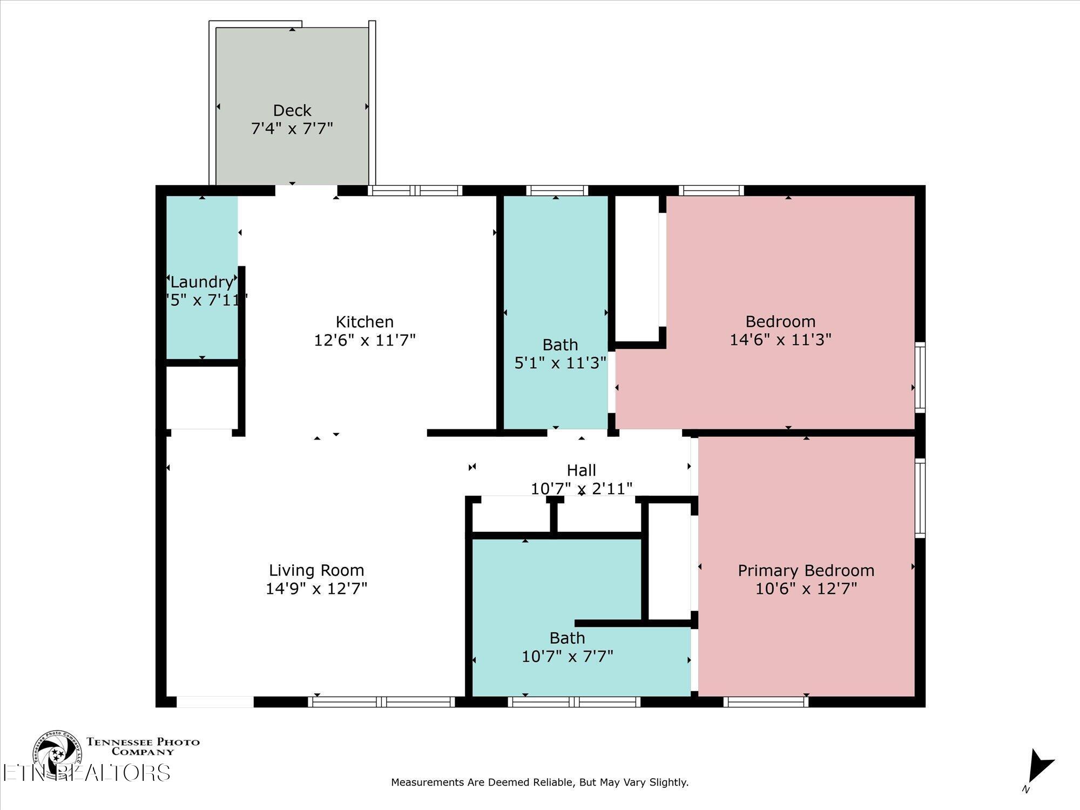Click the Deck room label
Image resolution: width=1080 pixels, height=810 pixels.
click(292, 110)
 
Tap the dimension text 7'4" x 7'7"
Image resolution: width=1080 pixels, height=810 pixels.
click(292, 129)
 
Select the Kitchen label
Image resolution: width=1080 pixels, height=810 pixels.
click(364, 322)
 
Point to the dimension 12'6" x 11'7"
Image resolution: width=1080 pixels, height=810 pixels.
click(364, 340)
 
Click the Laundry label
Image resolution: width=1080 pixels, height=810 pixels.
click(201, 282)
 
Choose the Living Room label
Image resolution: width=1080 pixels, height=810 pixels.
click(316, 570)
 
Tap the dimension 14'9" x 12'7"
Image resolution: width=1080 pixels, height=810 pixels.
click(316, 589)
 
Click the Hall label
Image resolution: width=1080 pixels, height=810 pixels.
click(582, 470)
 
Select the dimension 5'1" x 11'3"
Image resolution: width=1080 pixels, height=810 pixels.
click(560, 363)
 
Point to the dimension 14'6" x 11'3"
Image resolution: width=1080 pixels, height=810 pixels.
click(780, 340)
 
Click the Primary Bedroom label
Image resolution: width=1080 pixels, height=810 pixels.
click(806, 570)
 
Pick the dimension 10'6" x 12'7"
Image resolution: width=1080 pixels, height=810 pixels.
click(806, 589)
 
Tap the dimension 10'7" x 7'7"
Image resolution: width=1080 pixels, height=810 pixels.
click(567, 657)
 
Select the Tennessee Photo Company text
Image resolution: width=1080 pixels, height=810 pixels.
click(143, 746)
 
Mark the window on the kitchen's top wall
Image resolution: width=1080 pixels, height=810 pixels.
click(415, 190)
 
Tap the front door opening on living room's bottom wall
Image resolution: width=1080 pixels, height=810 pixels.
click(215, 701)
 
